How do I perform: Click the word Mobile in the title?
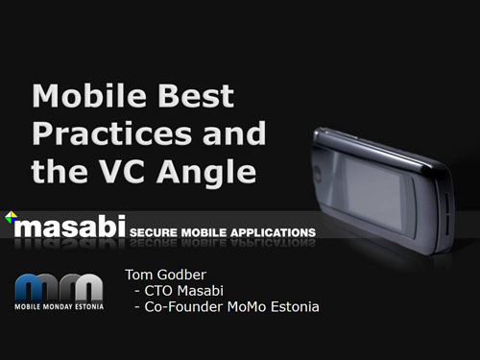89,96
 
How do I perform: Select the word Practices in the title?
112,133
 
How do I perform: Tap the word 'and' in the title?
234,133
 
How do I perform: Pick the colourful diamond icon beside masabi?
12,217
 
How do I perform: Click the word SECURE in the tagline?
154,232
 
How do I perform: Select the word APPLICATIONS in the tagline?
273,232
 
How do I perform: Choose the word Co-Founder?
183,307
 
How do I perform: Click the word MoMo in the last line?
247,307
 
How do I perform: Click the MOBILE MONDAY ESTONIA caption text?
60,306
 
